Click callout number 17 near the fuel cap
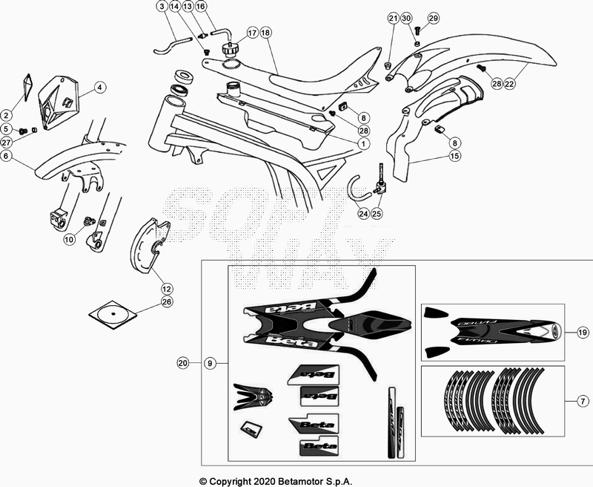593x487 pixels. click(x=252, y=33)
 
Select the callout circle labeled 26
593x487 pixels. click(x=167, y=302)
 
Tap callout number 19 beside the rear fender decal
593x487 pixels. click(x=582, y=333)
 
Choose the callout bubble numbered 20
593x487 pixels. click(x=183, y=364)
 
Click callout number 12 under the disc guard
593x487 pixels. click(x=167, y=288)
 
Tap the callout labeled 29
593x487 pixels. click(x=434, y=18)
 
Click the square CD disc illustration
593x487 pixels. click(x=113, y=314)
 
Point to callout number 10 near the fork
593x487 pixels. click(x=70, y=239)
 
